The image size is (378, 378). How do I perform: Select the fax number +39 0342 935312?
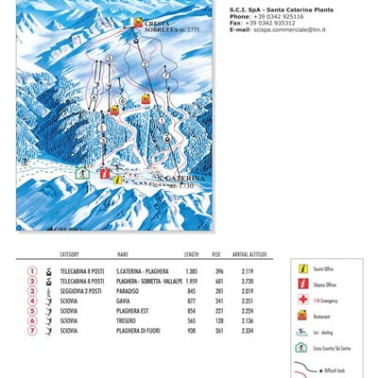click(274, 23)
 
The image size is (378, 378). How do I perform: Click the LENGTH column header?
click(191, 254)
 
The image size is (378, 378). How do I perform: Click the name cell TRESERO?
click(128, 320)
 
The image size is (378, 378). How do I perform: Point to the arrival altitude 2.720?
click(248, 281)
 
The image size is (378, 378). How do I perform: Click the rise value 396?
click(216, 271)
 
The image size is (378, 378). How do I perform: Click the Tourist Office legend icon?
click(302, 269)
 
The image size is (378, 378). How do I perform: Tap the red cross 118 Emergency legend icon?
click(302, 300)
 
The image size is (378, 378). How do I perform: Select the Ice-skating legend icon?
click(302, 332)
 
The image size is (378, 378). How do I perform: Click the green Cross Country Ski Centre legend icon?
click(302, 348)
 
